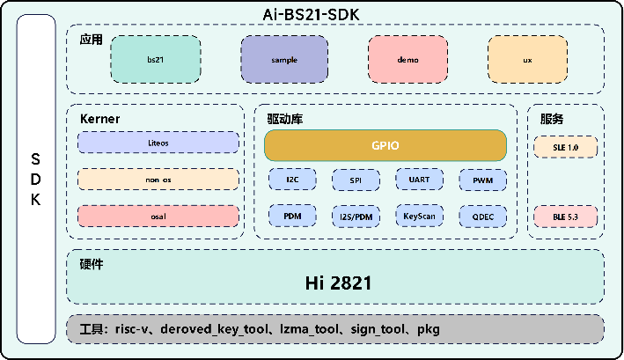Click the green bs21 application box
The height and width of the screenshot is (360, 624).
tap(156, 59)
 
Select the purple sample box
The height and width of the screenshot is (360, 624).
tap(284, 59)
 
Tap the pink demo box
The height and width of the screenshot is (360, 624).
tap(407, 59)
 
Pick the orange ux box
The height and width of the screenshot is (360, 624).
tap(528, 59)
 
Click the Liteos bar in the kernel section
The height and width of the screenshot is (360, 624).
tap(158, 143)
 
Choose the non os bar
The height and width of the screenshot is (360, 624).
tap(158, 180)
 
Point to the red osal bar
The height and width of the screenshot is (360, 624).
tap(158, 217)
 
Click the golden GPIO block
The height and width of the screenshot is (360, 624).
tap(385, 145)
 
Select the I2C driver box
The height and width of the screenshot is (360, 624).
tap(292, 180)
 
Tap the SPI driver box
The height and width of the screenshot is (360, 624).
tap(356, 180)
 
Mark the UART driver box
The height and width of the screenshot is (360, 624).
tap(420, 180)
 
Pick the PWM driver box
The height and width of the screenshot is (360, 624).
tap(483, 180)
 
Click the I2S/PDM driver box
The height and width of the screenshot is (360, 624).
tap(356, 217)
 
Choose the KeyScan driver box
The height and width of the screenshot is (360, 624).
tap(420, 216)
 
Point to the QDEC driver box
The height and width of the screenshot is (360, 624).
tap(483, 217)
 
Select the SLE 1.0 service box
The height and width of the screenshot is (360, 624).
tap(566, 147)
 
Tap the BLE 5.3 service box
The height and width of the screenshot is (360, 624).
tap(566, 217)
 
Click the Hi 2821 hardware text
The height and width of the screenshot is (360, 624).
tap(338, 283)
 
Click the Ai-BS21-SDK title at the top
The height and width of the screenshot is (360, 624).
tap(312, 15)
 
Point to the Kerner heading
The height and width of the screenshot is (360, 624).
tap(99, 119)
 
